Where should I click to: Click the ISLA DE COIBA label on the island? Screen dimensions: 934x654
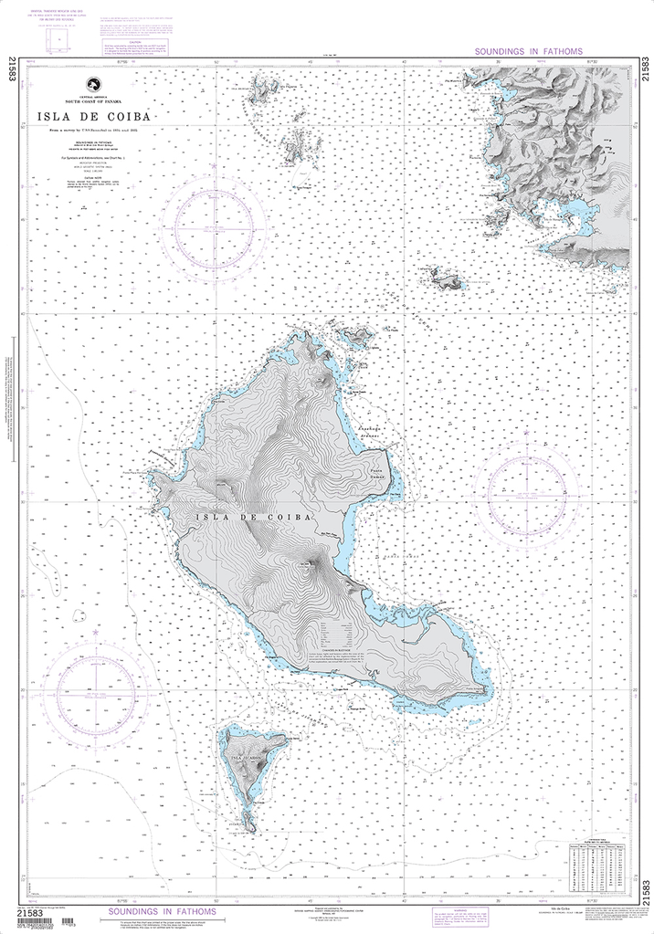254,517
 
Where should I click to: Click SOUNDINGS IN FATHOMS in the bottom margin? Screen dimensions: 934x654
163,911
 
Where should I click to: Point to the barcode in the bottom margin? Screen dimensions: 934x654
34,925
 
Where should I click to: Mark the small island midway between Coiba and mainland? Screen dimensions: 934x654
444,278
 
